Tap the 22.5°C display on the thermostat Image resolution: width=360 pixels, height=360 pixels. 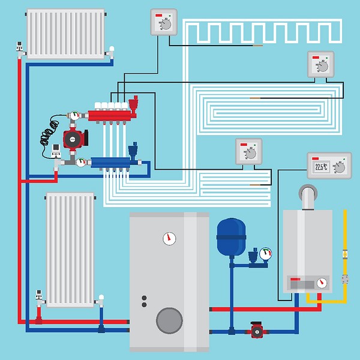320,167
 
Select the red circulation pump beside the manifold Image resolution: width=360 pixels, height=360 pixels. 73,138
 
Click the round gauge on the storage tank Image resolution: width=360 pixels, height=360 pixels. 169,239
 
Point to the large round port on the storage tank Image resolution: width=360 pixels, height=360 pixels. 169,320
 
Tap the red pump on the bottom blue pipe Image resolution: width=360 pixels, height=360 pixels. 257,329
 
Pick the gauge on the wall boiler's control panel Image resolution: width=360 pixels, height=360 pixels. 322,282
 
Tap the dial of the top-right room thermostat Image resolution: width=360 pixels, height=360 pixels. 323,67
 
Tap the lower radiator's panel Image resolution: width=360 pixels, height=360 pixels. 70,249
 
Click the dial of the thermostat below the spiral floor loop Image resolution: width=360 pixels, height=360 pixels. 250,153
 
